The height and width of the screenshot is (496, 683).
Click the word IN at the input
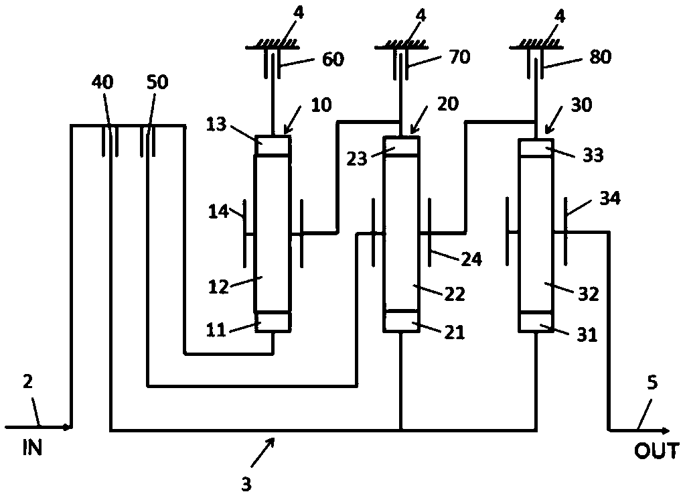[x=31, y=448]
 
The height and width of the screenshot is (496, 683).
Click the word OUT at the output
[x=656, y=451]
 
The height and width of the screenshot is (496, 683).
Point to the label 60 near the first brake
[x=332, y=60]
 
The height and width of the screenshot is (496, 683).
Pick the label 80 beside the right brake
[x=599, y=58]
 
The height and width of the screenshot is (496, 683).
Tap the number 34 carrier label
[x=609, y=198]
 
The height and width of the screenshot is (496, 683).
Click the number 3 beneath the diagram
[x=246, y=483]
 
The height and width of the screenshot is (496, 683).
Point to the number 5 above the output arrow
[x=652, y=385]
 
